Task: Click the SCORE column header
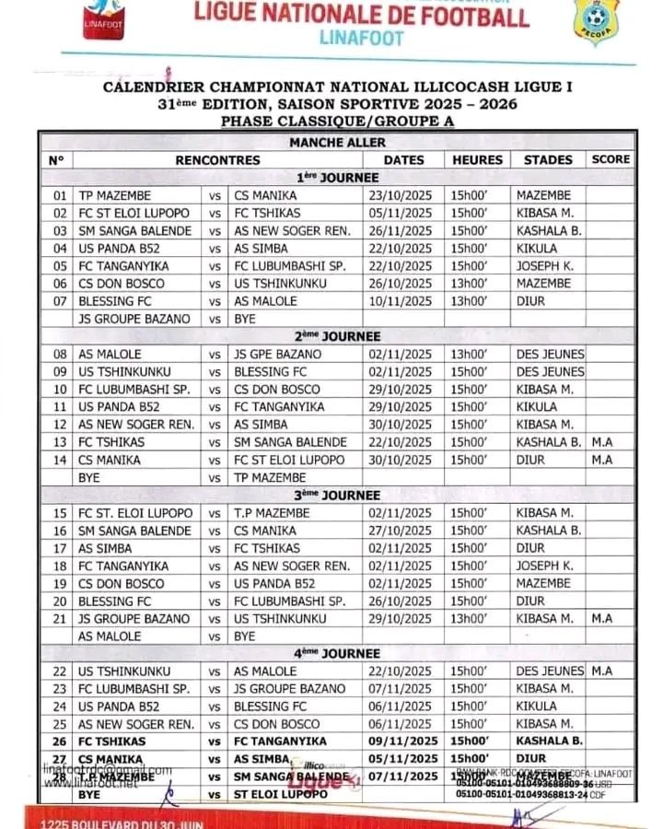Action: click(611, 159)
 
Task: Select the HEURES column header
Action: click(477, 159)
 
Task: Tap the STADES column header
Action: click(548, 159)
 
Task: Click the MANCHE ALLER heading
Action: click(337, 142)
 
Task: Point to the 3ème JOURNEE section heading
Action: click(337, 495)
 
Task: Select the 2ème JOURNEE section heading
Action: click(337, 336)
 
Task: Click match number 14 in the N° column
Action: click(60, 460)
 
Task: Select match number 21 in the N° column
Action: click(60, 618)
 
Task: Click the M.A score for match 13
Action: click(603, 442)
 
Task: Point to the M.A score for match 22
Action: click(603, 671)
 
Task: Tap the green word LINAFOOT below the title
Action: click(361, 39)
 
